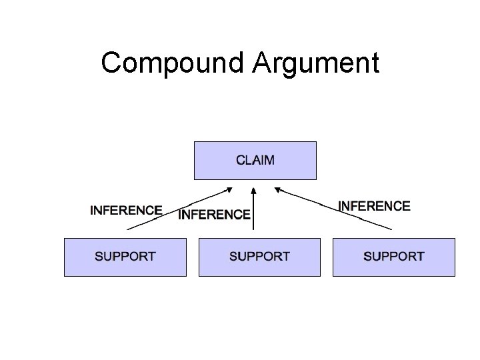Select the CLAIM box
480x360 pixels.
(x=255, y=160)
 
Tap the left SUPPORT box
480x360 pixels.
(x=125, y=256)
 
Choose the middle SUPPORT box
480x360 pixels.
(x=259, y=256)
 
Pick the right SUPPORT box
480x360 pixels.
(x=393, y=256)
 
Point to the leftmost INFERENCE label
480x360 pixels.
(x=126, y=210)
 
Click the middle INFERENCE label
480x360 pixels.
(x=215, y=215)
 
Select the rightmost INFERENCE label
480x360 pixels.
(x=374, y=206)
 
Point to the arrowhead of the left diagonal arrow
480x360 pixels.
(x=230, y=189)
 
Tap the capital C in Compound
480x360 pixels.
(x=111, y=63)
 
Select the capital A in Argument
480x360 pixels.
(x=263, y=63)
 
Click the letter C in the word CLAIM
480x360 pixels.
(x=241, y=160)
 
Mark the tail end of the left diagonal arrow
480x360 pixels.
(x=128, y=229)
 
